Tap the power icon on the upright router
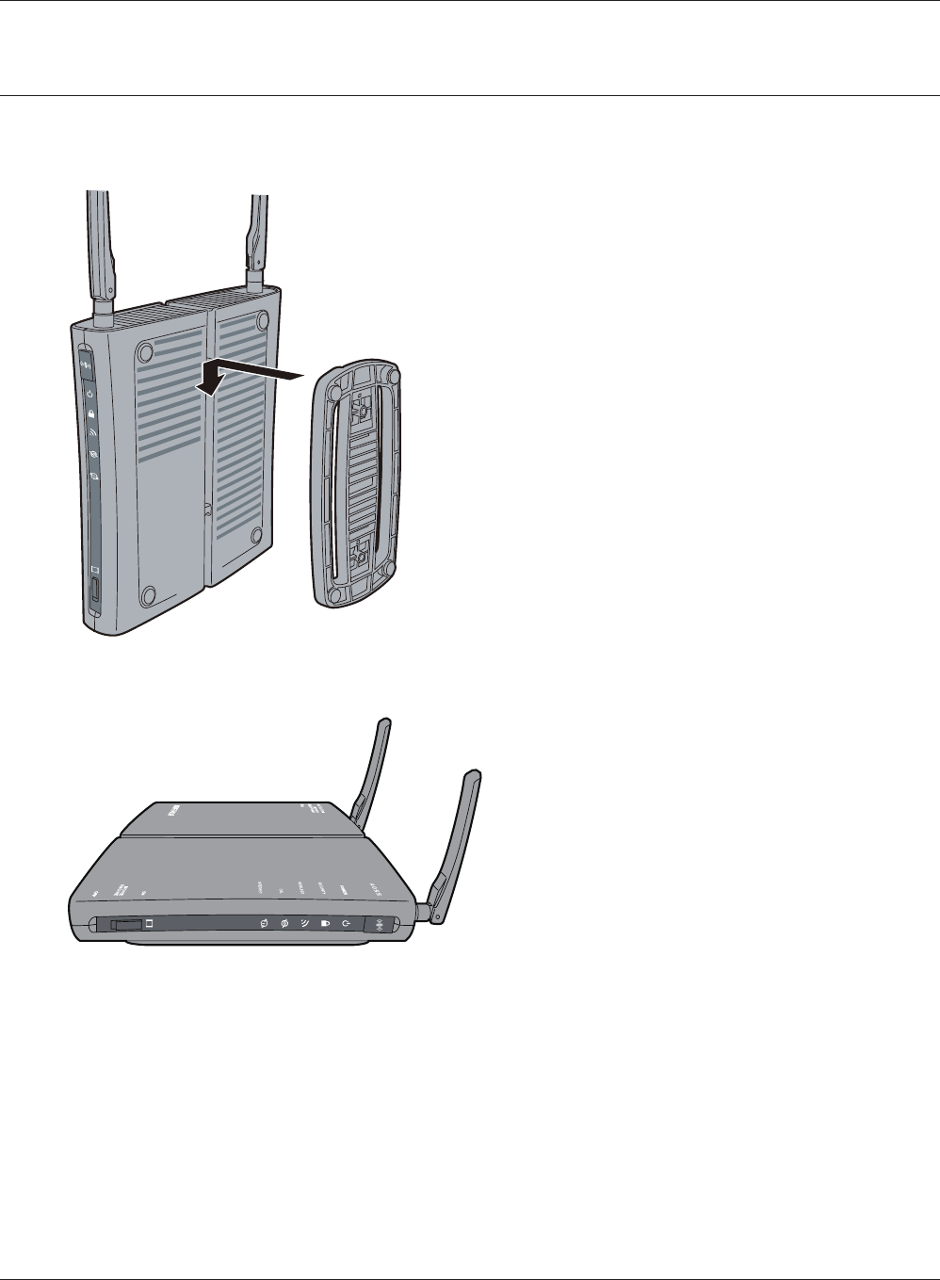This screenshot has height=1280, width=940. coord(89,394)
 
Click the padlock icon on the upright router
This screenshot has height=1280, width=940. coord(91,413)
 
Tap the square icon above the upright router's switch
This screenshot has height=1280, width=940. coord(94,570)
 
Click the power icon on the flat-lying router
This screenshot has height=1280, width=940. coord(347,924)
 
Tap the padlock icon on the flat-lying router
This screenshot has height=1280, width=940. coord(325,924)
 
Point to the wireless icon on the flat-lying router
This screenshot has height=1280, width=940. coord(304,924)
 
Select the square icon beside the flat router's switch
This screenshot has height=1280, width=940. coord(149,925)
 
